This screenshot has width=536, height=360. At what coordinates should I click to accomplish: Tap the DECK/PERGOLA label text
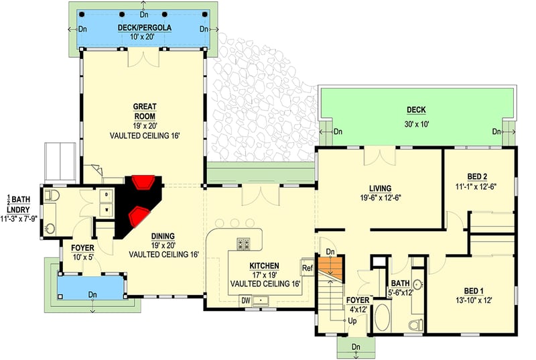point(145,27)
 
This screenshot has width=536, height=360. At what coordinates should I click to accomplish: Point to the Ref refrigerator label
point(308,268)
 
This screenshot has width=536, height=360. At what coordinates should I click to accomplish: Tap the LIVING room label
point(380,188)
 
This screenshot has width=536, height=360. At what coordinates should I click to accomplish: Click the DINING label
point(163,236)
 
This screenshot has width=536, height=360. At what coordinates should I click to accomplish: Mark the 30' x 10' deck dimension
point(416,124)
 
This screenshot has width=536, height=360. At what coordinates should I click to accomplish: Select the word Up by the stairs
point(352,320)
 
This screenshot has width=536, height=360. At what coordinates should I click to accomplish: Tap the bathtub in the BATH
point(382,317)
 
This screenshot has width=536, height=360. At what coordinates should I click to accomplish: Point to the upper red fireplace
point(143,182)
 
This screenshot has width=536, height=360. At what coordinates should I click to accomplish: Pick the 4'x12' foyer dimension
point(356,310)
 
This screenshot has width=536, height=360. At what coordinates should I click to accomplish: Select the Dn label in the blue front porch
point(92,294)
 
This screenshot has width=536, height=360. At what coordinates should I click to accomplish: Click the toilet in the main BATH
point(415,324)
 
